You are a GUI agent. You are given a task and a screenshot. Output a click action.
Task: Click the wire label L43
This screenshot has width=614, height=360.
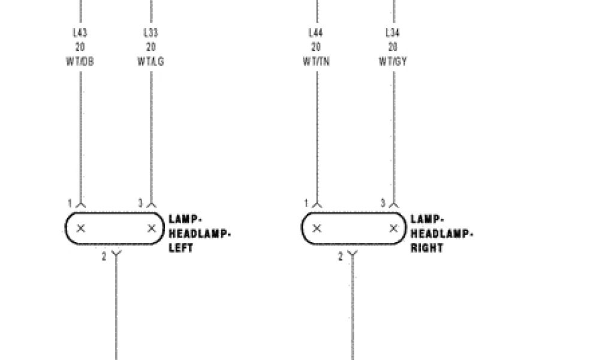pyautogui.click(x=80, y=32)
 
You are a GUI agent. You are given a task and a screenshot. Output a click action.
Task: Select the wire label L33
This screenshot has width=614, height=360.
pyautogui.click(x=151, y=32)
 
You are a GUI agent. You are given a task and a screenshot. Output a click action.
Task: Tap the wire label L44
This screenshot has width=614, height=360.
pyautogui.click(x=316, y=32)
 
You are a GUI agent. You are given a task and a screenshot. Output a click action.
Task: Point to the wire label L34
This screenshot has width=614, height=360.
pyautogui.click(x=393, y=32)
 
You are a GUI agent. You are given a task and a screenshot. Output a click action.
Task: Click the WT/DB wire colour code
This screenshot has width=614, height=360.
pyautogui.click(x=80, y=61)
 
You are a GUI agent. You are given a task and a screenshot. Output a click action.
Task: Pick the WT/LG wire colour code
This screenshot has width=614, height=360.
pyautogui.click(x=151, y=61)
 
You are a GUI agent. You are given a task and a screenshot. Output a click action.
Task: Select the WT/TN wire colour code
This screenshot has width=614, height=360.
pyautogui.click(x=316, y=61)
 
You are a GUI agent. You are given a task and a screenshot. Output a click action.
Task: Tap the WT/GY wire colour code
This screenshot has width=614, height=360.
pyautogui.click(x=393, y=61)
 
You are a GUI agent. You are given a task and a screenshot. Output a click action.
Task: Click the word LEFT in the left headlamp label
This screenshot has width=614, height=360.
pyautogui.click(x=181, y=248)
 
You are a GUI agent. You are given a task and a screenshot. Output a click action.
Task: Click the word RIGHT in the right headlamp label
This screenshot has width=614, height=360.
pyautogui.click(x=427, y=248)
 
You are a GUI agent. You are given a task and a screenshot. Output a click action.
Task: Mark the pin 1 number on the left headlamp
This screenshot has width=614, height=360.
pyautogui.click(x=70, y=203)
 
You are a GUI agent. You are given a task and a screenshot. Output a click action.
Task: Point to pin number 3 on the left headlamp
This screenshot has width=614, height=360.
pyautogui.click(x=141, y=203)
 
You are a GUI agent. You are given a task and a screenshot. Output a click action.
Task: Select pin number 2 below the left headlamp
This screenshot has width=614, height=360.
pyautogui.click(x=104, y=257)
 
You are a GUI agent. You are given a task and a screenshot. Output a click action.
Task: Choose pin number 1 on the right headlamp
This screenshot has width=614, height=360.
pyautogui.click(x=306, y=203)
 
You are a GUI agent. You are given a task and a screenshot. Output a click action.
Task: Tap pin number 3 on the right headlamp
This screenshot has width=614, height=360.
pyautogui.click(x=383, y=203)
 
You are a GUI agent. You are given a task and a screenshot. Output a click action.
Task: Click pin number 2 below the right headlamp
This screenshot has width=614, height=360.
pyautogui.click(x=341, y=257)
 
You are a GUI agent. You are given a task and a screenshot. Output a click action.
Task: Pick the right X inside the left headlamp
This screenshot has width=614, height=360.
pyautogui.click(x=151, y=228)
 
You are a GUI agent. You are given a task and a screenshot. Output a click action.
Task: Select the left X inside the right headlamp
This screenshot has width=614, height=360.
pyautogui.click(x=317, y=228)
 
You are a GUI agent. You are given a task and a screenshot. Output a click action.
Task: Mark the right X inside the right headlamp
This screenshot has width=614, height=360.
pyautogui.click(x=393, y=228)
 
